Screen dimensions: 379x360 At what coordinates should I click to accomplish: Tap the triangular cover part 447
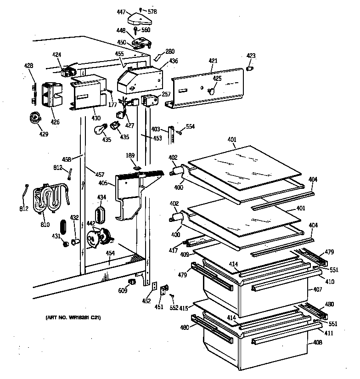pos(138,18)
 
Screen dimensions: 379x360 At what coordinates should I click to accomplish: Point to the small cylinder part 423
pos(251,68)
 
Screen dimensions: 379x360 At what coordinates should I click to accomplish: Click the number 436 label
pos(174,61)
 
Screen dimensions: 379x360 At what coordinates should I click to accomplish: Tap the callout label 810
pos(45,225)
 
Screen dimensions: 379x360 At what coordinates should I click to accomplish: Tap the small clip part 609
pos(133,281)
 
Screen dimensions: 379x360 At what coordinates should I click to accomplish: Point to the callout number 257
pos(166,94)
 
